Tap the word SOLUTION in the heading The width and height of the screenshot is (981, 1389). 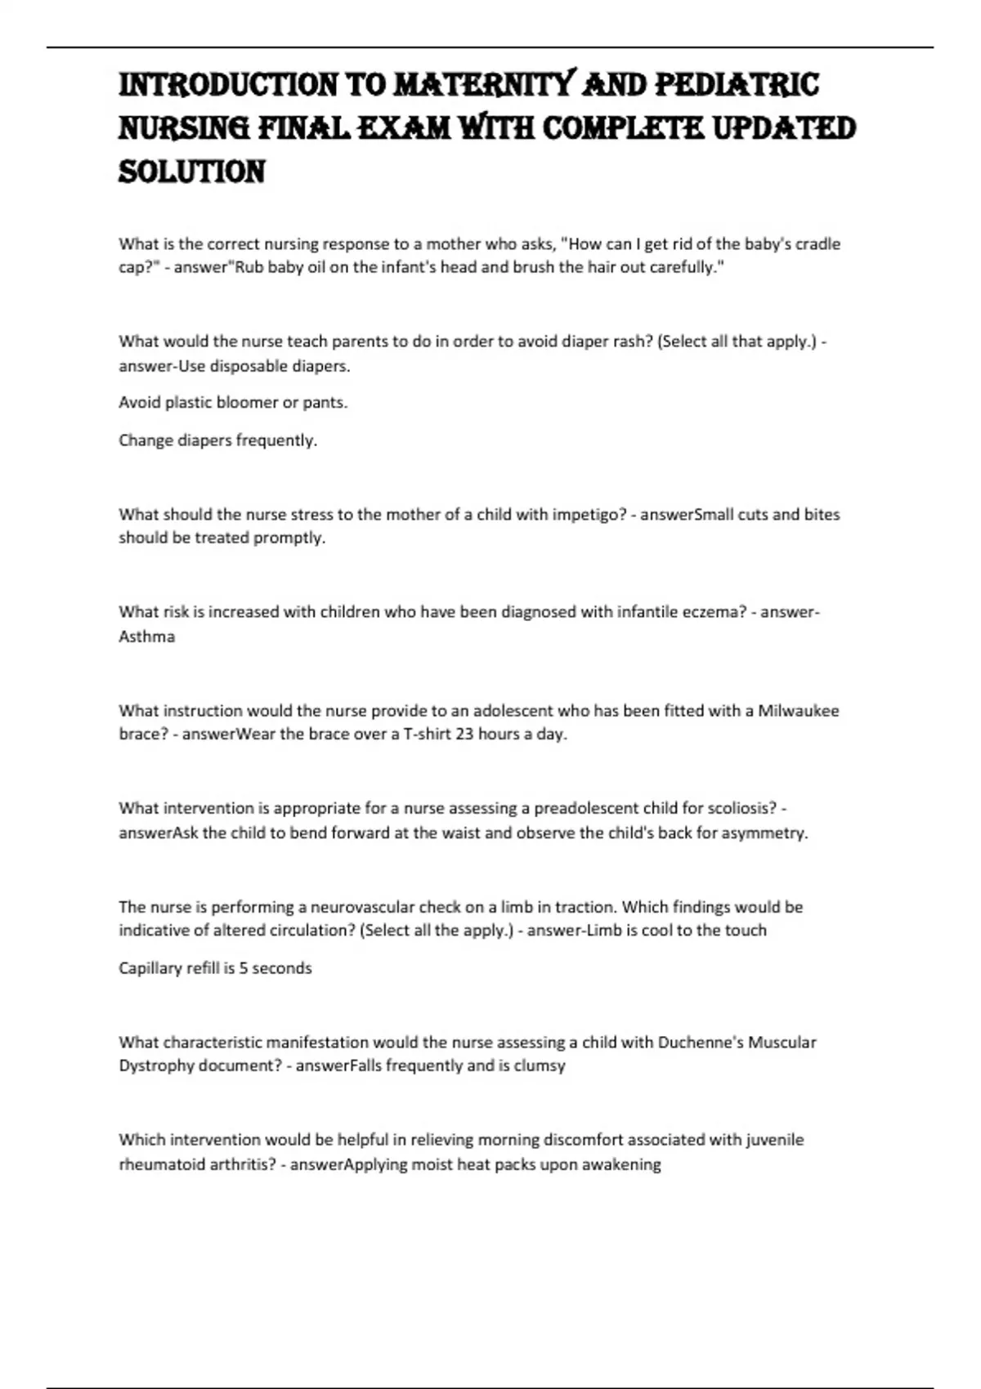(x=192, y=172)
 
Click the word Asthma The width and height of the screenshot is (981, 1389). (x=147, y=636)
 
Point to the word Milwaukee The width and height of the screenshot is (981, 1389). (x=799, y=710)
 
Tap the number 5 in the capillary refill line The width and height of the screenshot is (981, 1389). (x=244, y=968)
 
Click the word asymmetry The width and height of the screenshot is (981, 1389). (x=764, y=833)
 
